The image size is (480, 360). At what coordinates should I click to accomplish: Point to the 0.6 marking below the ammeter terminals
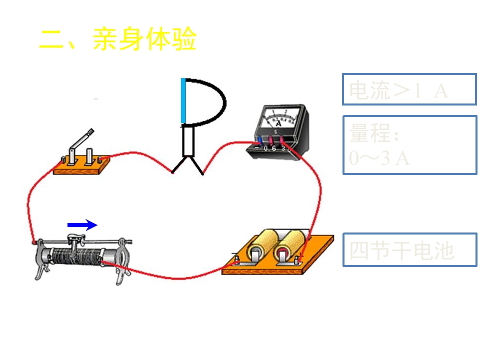pos(270,148)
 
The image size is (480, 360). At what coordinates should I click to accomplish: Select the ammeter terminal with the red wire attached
pos(283,141)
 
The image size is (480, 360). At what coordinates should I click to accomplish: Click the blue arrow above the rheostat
pos(82,225)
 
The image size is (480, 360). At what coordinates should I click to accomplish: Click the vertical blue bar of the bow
pos(183,100)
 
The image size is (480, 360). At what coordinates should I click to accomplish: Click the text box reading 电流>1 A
pos(409,89)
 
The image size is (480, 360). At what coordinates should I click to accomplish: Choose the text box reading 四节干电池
pos(409,249)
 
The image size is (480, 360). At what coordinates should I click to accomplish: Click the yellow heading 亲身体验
pos(144,39)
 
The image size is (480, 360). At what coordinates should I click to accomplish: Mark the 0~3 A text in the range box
pos(379,158)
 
